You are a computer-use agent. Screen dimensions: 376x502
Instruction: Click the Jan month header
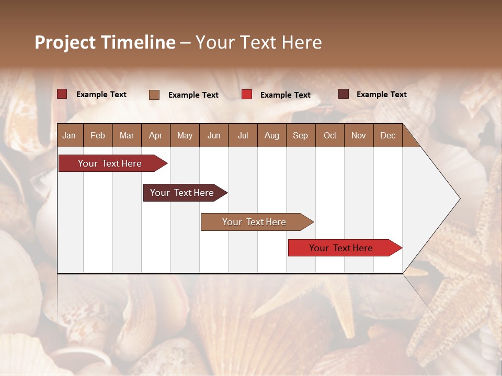point(69,135)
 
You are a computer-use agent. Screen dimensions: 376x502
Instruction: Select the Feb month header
point(98,135)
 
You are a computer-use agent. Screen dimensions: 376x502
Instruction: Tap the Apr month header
point(155,135)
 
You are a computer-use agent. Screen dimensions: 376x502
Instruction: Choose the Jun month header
point(214,135)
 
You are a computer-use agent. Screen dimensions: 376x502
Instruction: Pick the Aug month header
point(271,135)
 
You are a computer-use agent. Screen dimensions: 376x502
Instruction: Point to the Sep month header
point(300,135)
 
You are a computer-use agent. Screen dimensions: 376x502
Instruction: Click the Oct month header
point(330,135)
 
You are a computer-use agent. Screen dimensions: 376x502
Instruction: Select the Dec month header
point(387,135)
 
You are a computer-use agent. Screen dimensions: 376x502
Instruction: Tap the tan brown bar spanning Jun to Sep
point(255,222)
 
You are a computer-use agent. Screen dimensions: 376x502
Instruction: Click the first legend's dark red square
point(62,94)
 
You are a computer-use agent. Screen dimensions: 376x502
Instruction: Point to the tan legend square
point(154,95)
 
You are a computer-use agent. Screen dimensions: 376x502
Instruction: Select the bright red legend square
point(247,95)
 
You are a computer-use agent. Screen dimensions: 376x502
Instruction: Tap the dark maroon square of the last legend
point(344,94)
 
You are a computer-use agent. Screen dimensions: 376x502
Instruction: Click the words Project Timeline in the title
point(105,42)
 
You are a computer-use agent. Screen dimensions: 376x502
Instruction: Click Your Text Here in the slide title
point(259,42)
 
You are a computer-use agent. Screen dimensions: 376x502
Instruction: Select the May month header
point(185,135)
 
